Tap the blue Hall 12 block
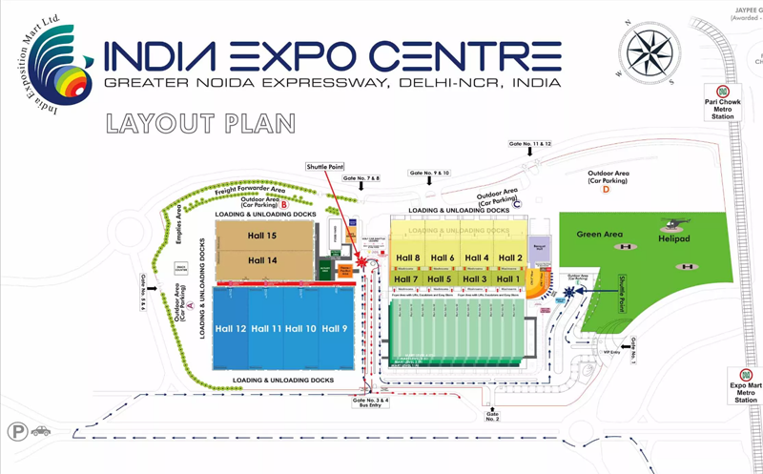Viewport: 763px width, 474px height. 231,329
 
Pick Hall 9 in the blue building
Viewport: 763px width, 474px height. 335,329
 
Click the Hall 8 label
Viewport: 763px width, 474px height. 408,258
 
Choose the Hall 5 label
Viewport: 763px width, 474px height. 442,278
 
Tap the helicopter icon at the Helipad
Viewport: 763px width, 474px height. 673,227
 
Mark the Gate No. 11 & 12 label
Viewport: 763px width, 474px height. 530,143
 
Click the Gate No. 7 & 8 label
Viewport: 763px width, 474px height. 361,178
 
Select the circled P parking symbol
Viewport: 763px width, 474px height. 15,432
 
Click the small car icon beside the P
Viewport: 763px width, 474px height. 40,431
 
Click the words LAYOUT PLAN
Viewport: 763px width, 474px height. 200,124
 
